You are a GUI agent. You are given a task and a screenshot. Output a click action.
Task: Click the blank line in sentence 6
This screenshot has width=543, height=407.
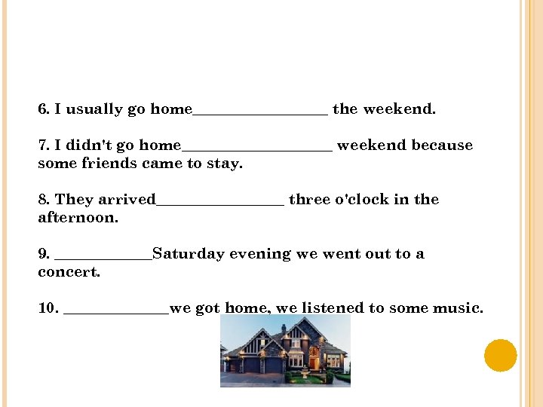pos(260,113)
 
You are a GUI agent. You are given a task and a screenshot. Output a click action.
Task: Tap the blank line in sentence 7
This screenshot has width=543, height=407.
pos(256,148)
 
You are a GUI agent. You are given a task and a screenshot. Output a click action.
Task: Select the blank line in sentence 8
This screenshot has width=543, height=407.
pos(220,203)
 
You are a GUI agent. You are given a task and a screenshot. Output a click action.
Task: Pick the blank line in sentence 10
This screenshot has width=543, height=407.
pos(117,311)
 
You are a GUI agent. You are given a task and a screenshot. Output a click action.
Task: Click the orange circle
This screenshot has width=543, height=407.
pos(500,355)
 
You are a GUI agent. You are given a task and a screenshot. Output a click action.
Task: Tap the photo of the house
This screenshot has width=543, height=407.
pos(285,350)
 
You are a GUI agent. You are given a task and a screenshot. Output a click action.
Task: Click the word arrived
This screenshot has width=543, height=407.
pos(126,200)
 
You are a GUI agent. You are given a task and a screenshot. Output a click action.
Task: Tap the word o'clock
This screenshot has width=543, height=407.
pos(361,200)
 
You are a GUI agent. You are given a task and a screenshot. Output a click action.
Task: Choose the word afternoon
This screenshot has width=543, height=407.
pos(78,218)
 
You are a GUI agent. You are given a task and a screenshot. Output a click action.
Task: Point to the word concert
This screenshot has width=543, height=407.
pos(69,272)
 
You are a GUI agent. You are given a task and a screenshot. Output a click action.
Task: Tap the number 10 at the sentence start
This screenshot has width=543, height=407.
pos(48,308)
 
